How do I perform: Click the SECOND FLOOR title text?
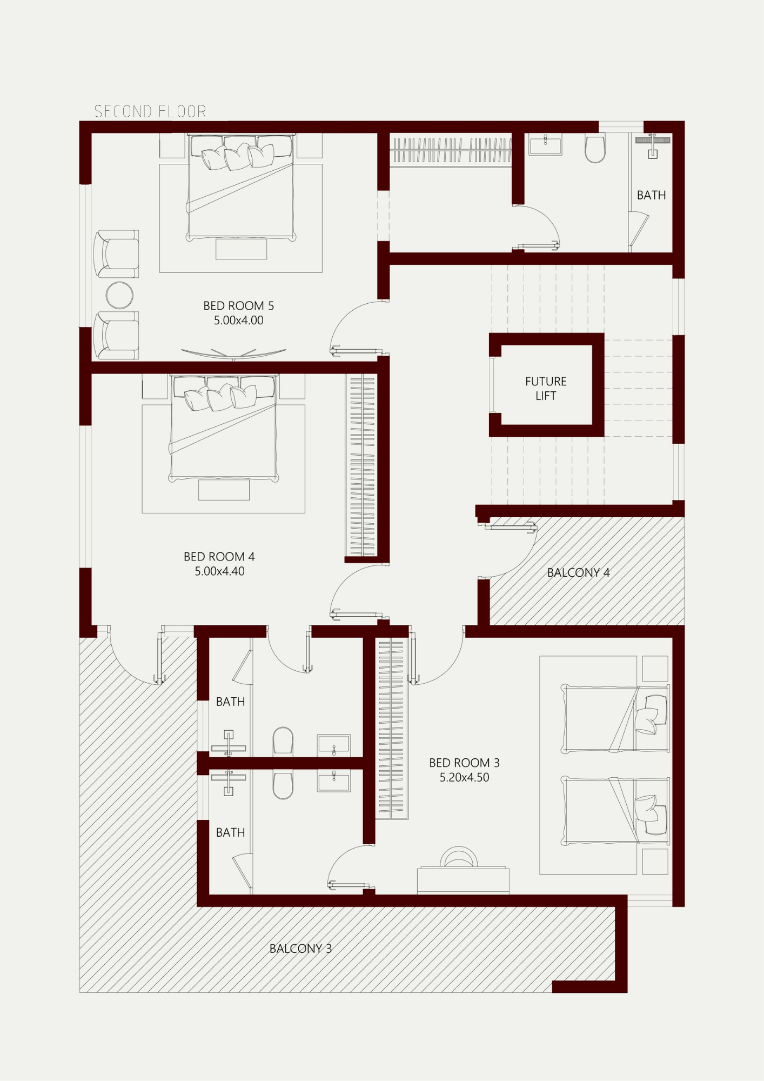point(150,111)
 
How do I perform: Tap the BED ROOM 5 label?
point(238,306)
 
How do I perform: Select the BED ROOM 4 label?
point(219,557)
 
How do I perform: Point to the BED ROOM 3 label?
point(464,763)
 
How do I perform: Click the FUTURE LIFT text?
point(546,389)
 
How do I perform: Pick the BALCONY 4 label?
point(578,572)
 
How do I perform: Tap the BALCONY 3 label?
point(300,948)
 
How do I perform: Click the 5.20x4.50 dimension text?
point(464,777)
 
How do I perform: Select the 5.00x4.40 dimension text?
point(219,571)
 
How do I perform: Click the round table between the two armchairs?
point(119,295)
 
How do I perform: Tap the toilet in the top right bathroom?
point(595,149)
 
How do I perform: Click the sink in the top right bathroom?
point(545,145)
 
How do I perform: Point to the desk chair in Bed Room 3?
point(458,856)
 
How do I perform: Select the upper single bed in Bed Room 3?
point(615,718)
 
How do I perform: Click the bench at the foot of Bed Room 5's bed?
point(241,249)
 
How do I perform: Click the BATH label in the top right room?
point(651,195)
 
